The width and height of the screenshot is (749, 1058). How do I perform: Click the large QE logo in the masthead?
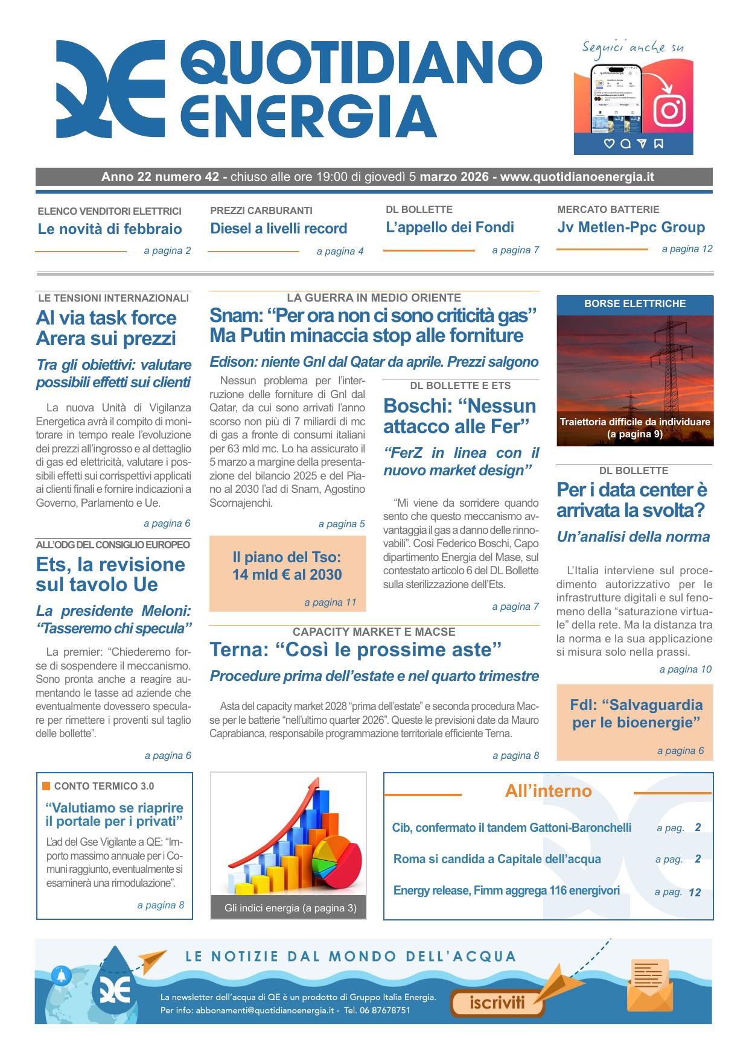coord(110,89)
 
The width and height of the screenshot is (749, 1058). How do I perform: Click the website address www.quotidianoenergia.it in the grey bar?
coord(577,177)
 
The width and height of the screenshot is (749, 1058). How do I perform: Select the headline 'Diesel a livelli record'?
coord(278,229)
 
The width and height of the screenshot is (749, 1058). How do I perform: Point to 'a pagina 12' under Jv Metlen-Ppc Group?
coord(686,249)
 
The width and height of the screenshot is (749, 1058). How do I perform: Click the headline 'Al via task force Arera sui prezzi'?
coord(106,328)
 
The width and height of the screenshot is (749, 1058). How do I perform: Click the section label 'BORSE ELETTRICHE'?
coord(634,304)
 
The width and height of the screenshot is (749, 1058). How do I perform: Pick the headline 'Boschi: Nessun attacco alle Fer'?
coord(459,416)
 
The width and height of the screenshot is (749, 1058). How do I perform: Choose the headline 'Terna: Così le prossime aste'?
coord(355,650)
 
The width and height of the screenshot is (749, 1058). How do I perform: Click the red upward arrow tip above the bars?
coord(313,784)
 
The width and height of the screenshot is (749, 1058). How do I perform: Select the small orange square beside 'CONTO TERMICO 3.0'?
coord(46,786)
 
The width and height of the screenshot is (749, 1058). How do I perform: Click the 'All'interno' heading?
coord(548,791)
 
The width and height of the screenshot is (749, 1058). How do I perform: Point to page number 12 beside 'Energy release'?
coord(695,892)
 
